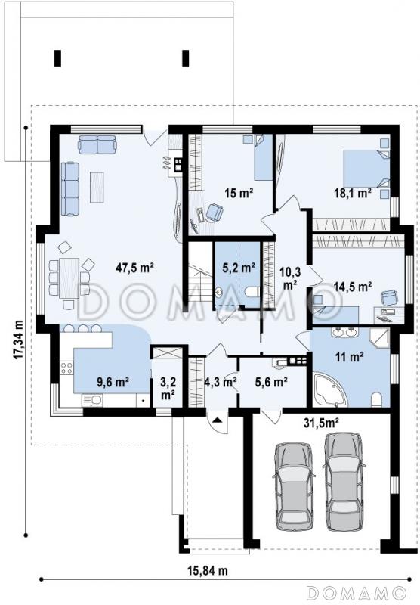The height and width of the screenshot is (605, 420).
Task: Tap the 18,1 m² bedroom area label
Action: (353, 192)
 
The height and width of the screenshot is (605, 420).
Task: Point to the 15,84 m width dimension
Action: (207, 570)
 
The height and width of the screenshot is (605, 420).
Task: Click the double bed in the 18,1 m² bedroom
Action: (366, 169)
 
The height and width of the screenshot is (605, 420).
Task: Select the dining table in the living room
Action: (69, 278)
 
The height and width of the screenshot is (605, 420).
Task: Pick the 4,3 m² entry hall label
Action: (220, 382)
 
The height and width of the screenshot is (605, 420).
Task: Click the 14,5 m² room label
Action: (353, 287)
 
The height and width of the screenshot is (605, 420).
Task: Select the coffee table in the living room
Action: (97, 187)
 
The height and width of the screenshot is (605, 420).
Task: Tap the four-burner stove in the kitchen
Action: (66, 368)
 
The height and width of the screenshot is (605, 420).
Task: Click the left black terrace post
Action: (58, 58)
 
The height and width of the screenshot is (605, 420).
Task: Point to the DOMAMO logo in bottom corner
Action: (357, 591)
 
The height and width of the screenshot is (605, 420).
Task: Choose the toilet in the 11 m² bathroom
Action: (376, 399)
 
